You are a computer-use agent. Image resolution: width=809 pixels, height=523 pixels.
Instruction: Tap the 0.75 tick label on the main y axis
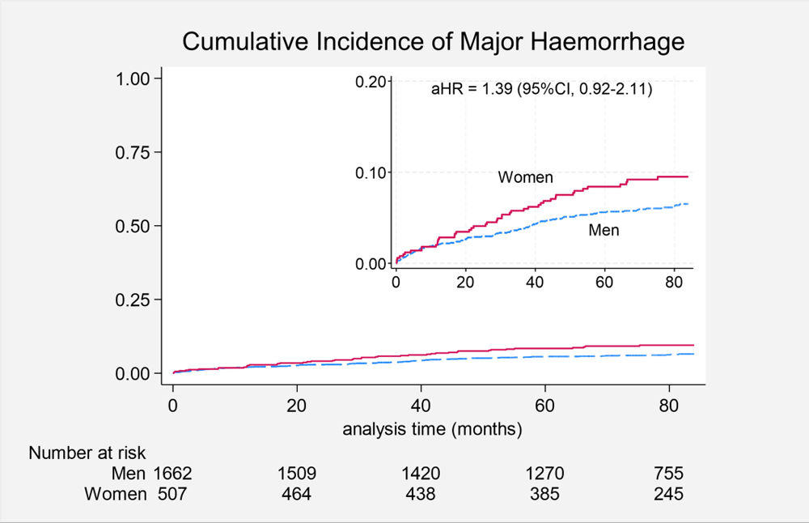click(x=132, y=153)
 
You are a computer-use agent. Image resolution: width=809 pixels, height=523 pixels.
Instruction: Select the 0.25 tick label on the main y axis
click(x=132, y=300)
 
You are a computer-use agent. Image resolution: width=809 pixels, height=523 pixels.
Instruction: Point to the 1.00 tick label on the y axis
click(x=132, y=79)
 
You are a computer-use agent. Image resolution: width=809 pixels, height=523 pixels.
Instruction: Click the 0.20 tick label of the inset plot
click(x=371, y=82)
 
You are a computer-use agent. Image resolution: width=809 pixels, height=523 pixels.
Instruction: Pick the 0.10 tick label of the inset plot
click(x=371, y=173)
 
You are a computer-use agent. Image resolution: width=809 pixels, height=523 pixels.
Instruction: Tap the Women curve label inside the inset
click(x=525, y=177)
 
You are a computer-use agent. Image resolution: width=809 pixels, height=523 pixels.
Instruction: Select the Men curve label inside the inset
click(x=604, y=230)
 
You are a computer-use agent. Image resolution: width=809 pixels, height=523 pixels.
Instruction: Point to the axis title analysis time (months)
click(x=432, y=429)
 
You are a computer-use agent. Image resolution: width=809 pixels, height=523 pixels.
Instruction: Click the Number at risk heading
click(x=87, y=453)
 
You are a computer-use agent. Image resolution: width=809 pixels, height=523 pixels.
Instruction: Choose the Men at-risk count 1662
click(x=172, y=474)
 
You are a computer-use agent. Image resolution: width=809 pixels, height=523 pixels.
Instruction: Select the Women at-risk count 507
click(x=172, y=494)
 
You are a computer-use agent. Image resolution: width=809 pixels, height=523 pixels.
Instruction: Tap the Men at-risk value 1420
click(x=421, y=474)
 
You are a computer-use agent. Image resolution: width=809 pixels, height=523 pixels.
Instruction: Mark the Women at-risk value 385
click(x=544, y=494)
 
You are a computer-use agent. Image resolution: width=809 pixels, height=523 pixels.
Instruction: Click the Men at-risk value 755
click(x=669, y=474)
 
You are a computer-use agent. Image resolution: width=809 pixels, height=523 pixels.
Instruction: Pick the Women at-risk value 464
click(x=297, y=494)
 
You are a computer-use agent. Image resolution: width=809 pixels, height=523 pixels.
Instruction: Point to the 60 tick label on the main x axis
click(x=544, y=406)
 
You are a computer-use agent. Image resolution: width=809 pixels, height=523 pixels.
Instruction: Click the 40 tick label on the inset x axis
click(x=535, y=283)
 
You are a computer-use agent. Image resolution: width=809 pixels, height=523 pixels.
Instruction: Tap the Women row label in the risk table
click(x=116, y=494)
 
